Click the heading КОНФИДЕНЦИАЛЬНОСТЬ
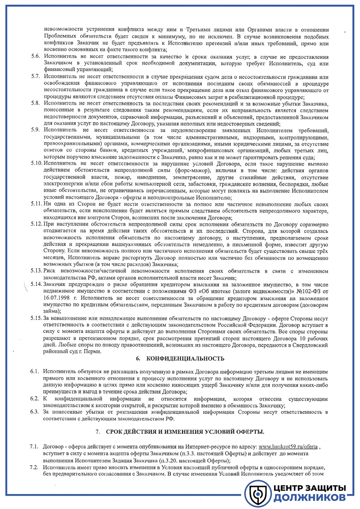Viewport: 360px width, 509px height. tap(185, 359)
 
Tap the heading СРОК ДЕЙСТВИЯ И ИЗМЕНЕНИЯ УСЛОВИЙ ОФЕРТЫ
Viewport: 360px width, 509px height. tap(185, 432)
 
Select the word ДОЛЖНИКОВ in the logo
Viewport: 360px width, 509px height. tap(310, 498)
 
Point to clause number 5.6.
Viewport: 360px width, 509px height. tap(35, 56)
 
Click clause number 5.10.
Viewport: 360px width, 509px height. tap(37, 163)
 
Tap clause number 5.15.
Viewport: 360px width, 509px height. tap(36, 318)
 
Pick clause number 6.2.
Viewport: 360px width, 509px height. tap(35, 399)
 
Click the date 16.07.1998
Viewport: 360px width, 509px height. tap(57, 298)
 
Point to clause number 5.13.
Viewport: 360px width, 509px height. tap(36, 271)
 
